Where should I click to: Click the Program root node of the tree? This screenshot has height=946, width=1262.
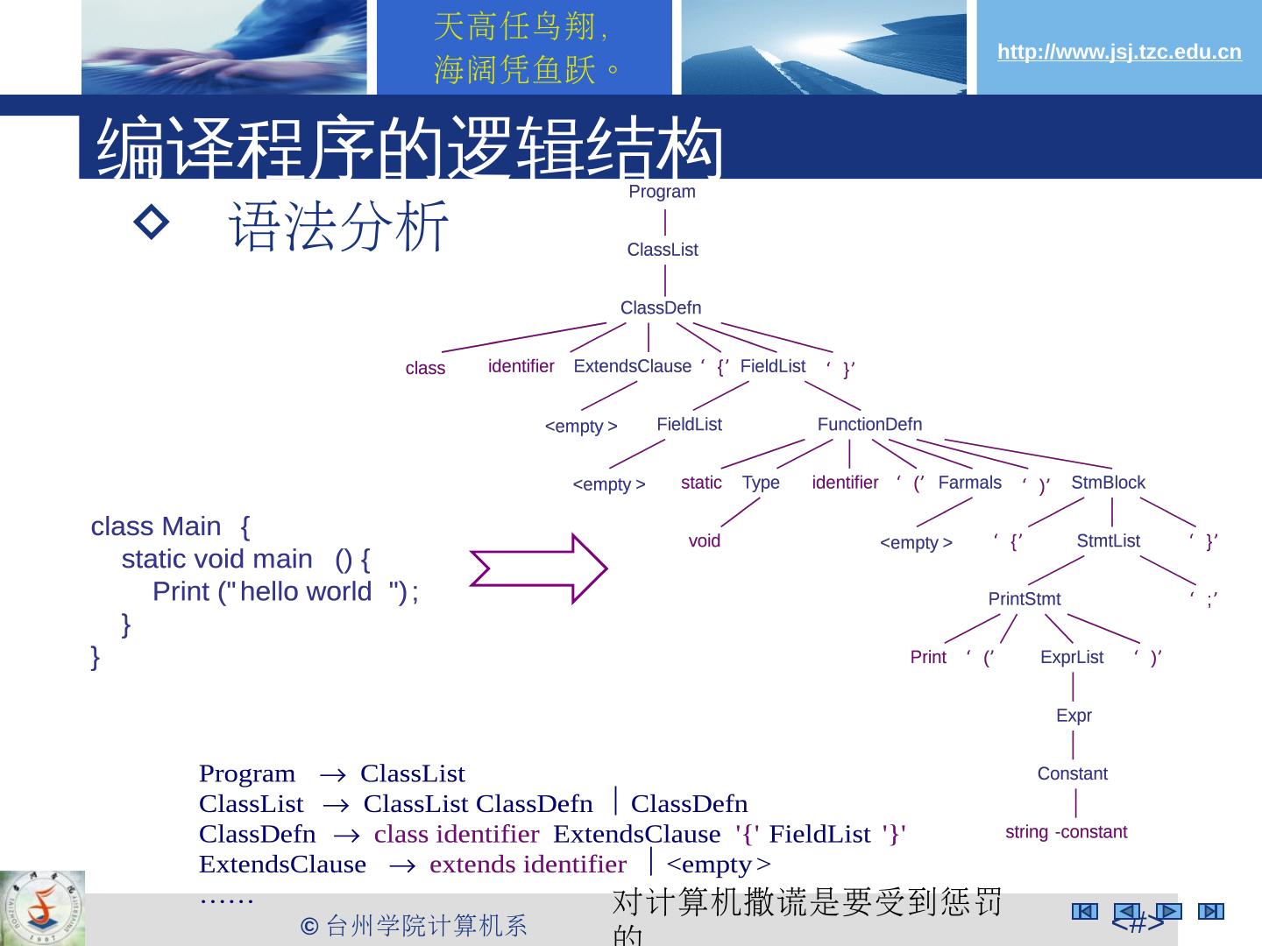662,192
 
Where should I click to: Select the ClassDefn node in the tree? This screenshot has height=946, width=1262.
661,307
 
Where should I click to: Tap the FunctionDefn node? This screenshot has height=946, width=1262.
869,424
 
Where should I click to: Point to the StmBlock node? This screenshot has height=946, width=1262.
1108,483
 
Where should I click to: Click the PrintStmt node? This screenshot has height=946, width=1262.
1024,599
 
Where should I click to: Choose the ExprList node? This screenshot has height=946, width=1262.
1072,657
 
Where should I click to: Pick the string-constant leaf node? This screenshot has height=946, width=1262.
1066,831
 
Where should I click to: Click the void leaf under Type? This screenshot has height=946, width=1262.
704,540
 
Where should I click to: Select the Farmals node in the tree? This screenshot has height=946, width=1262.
969,483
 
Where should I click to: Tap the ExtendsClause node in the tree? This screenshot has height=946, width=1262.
632,366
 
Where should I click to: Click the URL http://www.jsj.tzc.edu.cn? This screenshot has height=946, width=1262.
1119,52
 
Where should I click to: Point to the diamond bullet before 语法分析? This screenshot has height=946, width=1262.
152,224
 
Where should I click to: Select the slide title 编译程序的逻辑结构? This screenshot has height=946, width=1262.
410,147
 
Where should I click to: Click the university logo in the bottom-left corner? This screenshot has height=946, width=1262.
42,907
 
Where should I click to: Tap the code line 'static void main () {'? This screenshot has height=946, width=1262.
245,559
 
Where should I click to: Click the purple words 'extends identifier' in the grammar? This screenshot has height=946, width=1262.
528,865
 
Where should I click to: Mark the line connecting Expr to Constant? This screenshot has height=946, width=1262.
1074,745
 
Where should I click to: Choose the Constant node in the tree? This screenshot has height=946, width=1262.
1072,773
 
